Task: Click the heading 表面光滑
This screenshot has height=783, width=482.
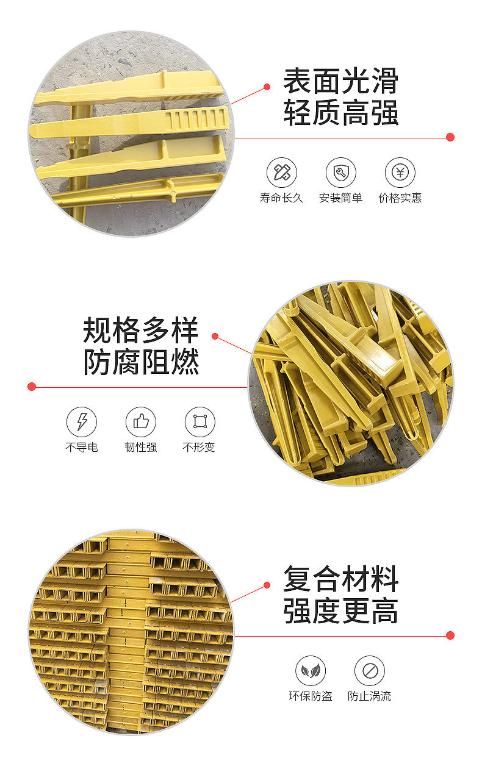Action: point(340,81)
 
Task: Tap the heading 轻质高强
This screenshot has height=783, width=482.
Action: point(340,112)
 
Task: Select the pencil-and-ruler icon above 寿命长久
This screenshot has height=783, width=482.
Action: point(282,173)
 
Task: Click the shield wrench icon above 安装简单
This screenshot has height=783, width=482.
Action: point(340,173)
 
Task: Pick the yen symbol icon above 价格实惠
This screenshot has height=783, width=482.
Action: point(400,173)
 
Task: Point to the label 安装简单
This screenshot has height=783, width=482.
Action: point(340,198)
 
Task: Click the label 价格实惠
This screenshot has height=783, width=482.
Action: point(400,198)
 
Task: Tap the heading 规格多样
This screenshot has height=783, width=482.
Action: point(140,331)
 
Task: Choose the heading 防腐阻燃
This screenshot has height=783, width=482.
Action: point(140,362)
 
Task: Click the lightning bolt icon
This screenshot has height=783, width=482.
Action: point(82,421)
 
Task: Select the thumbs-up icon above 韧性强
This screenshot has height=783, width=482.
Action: point(140,421)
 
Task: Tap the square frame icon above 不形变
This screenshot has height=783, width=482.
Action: point(200,421)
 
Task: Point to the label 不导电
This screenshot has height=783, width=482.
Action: point(82,447)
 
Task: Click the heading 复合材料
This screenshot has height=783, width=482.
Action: point(340,579)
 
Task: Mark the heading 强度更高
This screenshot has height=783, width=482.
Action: point(340,611)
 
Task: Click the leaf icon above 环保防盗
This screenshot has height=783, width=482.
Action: point(311,671)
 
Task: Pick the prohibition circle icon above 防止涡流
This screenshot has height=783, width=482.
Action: point(369,671)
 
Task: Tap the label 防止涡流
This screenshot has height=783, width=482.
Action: point(369,696)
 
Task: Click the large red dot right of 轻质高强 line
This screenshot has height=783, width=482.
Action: point(450,137)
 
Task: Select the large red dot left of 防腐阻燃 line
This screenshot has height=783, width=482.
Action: point(32,387)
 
